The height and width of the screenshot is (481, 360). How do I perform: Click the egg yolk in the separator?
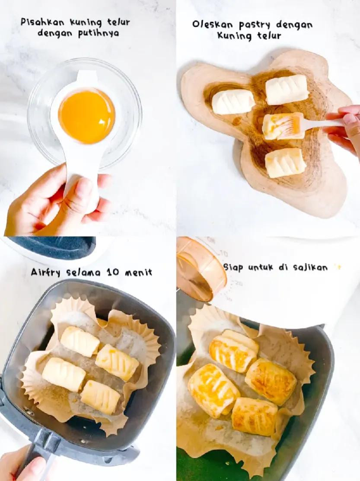pyautogui.click(x=86, y=115)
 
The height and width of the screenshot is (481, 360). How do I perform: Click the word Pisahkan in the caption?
pyautogui.click(x=40, y=22)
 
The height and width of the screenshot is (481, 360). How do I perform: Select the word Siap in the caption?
pyautogui.click(x=233, y=267)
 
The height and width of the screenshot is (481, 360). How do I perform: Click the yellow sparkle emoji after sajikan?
pyautogui.click(x=338, y=267)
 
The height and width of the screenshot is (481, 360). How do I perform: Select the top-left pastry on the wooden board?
pyautogui.click(x=233, y=102)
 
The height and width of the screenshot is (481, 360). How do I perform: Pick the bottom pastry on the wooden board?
pyautogui.click(x=285, y=163)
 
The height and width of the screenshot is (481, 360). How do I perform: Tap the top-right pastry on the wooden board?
pyautogui.click(x=287, y=89)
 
